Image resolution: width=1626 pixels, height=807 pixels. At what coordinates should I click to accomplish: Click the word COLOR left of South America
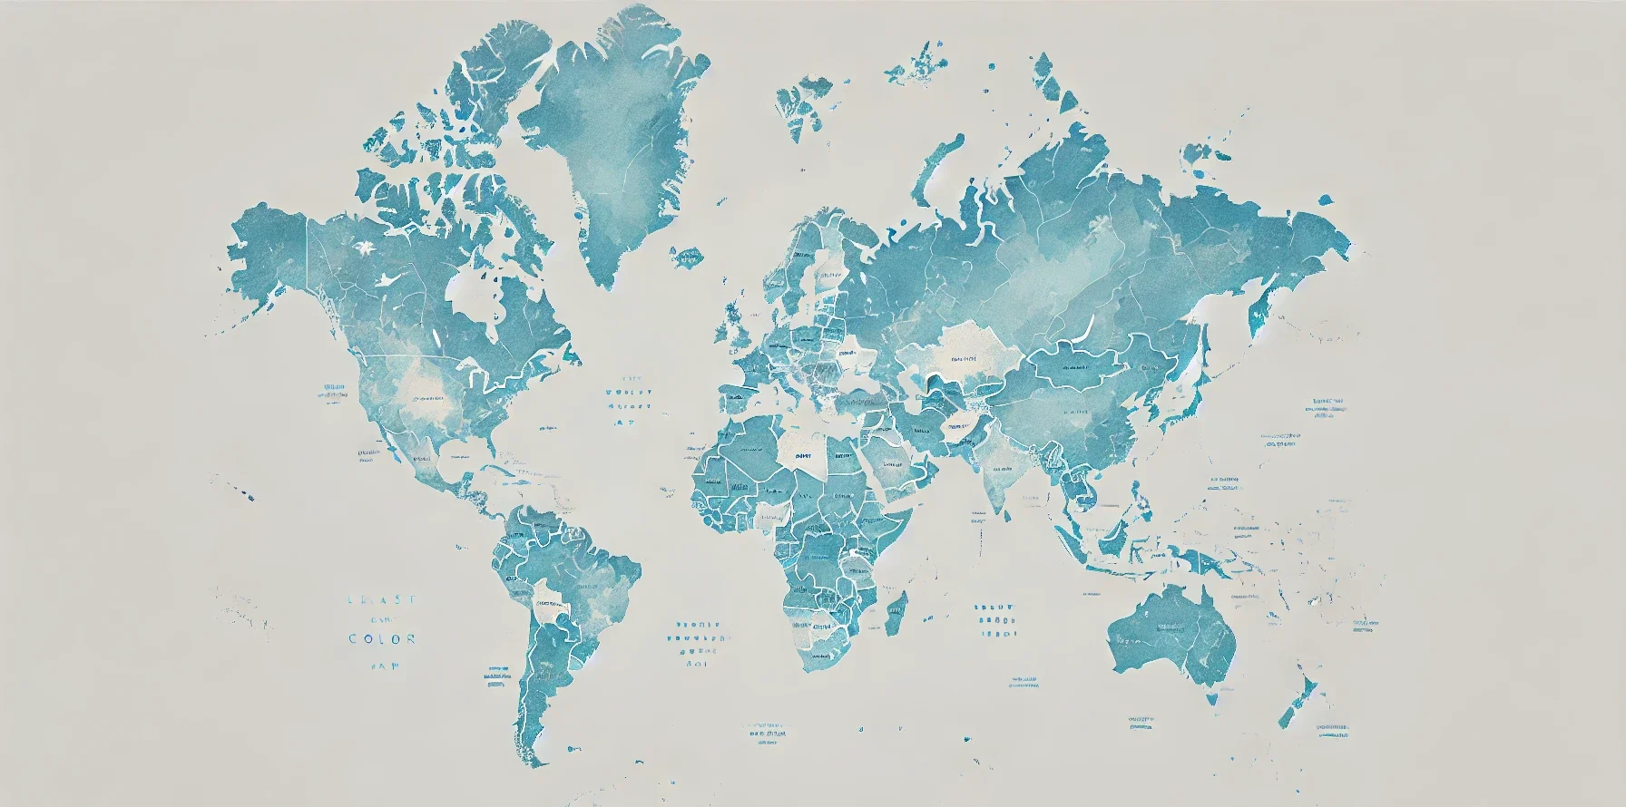(382, 638)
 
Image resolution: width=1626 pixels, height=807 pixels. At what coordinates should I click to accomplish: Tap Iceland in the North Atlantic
(690, 256)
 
